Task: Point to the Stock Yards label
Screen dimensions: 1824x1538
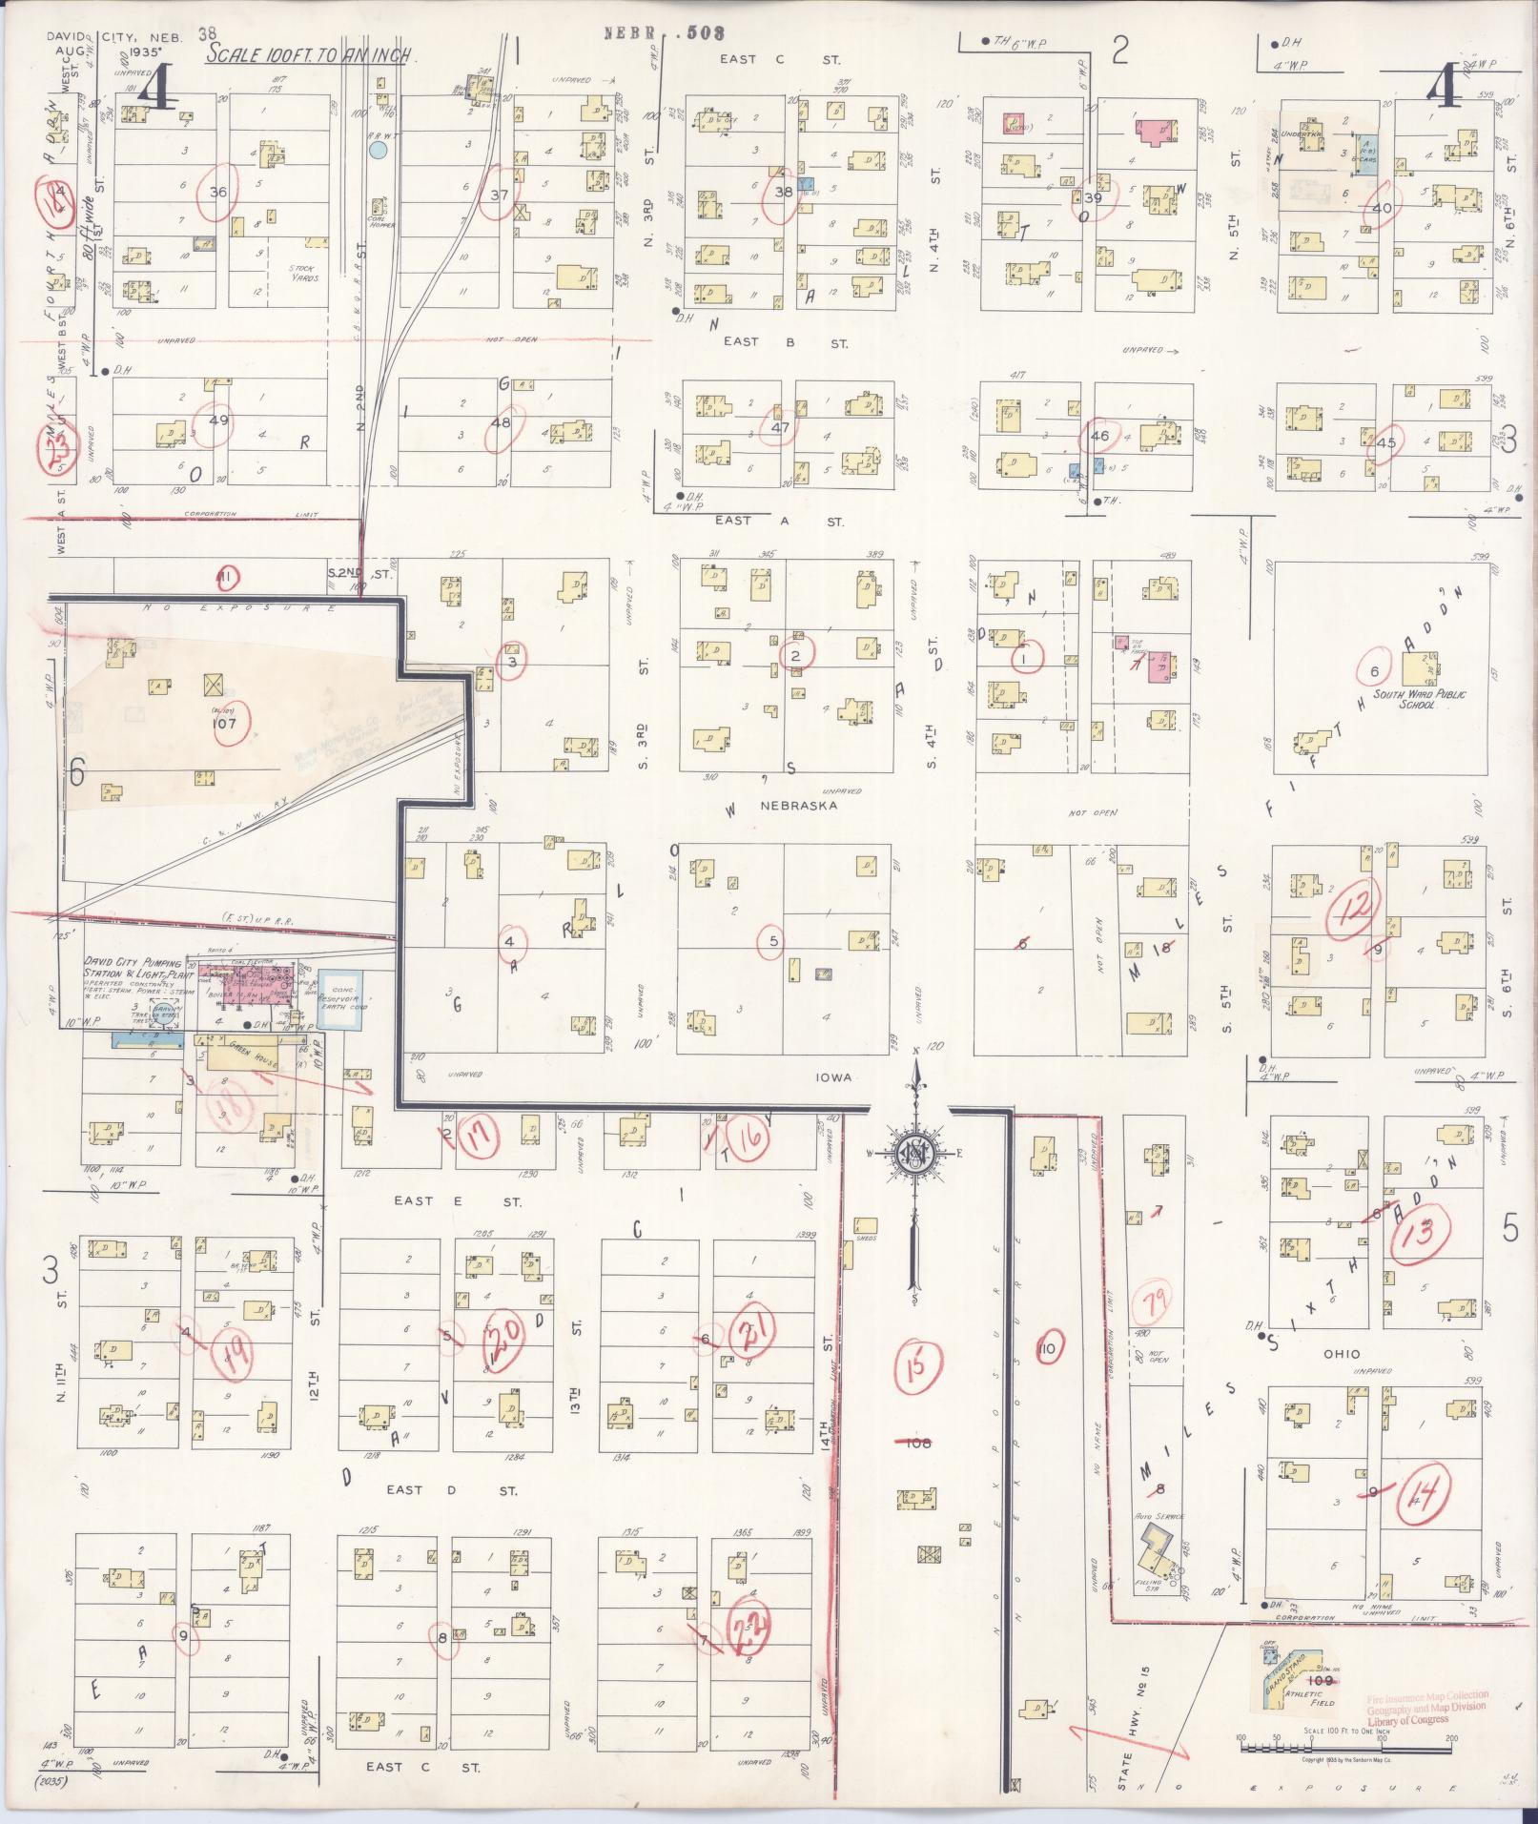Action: pyautogui.click(x=303, y=274)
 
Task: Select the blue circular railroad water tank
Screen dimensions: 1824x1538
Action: pyautogui.click(x=379, y=149)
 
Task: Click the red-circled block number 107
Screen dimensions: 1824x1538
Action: pyautogui.click(x=231, y=723)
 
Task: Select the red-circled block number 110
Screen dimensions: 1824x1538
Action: pyautogui.click(x=1049, y=1348)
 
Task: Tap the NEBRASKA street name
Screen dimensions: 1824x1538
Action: pyautogui.click(x=798, y=806)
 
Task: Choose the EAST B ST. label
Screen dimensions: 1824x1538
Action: pyautogui.click(x=785, y=342)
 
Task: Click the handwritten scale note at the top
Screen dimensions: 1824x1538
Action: pyautogui.click(x=310, y=55)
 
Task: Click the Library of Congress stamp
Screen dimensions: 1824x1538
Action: pyautogui.click(x=1426, y=1708)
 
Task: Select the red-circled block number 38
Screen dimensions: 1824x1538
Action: pyautogui.click(x=783, y=192)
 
